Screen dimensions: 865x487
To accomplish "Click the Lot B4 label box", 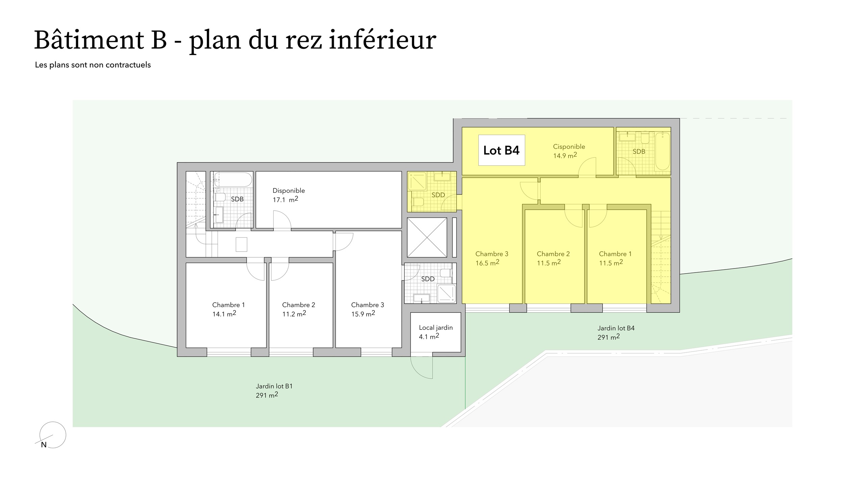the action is tap(501, 150).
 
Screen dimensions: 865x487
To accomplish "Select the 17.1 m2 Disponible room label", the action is tap(289, 195).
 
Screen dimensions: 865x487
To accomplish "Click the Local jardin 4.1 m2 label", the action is tap(436, 332).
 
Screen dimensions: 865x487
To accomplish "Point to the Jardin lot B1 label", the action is tap(274, 391).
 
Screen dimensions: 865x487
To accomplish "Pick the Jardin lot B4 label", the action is tap(616, 332).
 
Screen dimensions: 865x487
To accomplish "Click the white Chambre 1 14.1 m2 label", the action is tap(228, 309).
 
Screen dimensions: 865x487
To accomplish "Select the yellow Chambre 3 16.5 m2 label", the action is tap(492, 258).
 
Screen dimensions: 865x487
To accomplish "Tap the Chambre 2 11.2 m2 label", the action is tap(298, 309).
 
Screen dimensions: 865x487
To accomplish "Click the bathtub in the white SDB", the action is tap(233, 180).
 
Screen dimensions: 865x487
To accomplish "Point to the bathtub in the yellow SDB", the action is tap(662, 151).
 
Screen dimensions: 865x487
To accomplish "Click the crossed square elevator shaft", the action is tap(427, 237).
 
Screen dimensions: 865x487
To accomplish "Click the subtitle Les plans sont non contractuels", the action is tap(93, 65).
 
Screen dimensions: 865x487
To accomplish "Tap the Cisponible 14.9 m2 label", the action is tap(569, 151).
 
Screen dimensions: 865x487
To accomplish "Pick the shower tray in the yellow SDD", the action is tap(418, 182).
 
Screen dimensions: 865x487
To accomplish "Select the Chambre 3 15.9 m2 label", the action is tap(368, 309).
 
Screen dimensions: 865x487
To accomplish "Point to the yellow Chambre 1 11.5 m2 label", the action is tap(615, 258).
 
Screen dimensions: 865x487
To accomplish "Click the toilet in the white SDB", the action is tap(220, 197).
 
